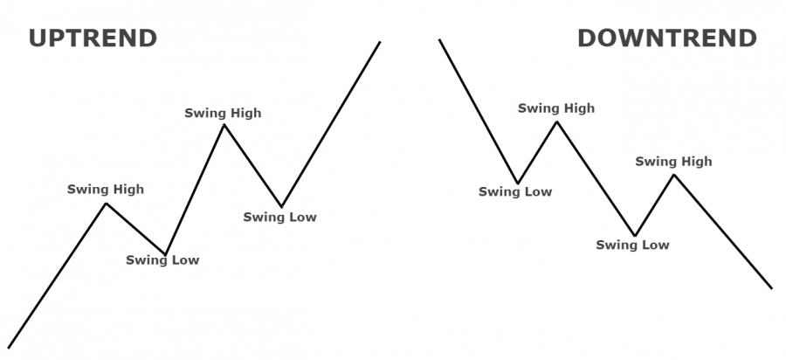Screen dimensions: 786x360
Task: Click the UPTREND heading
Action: tap(93, 38)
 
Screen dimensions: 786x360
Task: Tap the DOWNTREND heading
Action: tap(667, 38)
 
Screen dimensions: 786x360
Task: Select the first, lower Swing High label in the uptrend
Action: tap(106, 190)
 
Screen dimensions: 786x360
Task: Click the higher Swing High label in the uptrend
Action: tap(223, 114)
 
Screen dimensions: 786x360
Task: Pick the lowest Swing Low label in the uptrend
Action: tap(162, 260)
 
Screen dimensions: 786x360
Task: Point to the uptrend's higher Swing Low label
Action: tap(280, 217)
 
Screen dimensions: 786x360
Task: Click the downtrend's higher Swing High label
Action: tap(556, 108)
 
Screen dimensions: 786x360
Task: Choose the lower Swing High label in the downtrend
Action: tap(673, 162)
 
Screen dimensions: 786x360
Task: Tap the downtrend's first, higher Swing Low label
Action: tap(515, 191)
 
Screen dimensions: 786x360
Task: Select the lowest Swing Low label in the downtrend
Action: tap(632, 246)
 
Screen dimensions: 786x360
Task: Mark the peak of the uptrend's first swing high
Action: tap(106, 203)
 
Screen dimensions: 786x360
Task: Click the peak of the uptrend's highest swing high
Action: tap(224, 124)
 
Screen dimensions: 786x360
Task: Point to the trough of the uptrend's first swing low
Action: tap(165, 254)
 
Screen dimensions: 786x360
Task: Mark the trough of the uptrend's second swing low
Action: tap(282, 206)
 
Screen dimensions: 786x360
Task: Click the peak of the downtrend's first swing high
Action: tap(556, 121)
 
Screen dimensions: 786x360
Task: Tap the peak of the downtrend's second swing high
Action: tap(674, 175)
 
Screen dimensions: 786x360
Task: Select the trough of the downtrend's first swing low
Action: tap(518, 183)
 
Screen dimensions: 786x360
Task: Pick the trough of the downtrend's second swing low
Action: tap(635, 235)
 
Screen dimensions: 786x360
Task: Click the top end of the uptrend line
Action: tap(380, 42)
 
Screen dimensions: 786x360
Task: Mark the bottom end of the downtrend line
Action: tap(772, 288)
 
